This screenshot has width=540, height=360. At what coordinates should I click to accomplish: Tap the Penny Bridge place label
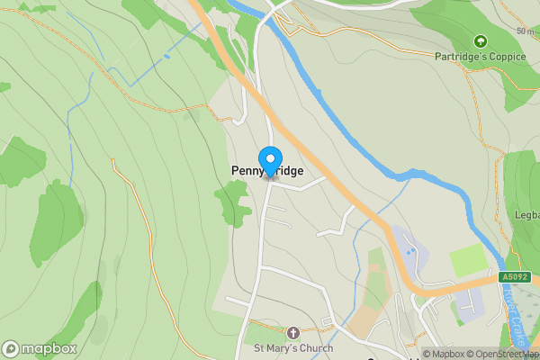(267, 171)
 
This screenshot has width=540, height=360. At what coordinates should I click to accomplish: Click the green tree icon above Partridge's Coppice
(480, 40)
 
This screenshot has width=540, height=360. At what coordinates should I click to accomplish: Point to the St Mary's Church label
(292, 348)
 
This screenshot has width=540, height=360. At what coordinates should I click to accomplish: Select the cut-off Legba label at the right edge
(527, 216)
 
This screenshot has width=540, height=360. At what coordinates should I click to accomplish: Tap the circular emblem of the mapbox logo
(12, 348)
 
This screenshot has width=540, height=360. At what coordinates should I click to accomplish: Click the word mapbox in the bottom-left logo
(49, 348)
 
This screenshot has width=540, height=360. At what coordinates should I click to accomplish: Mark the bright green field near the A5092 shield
(468, 261)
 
